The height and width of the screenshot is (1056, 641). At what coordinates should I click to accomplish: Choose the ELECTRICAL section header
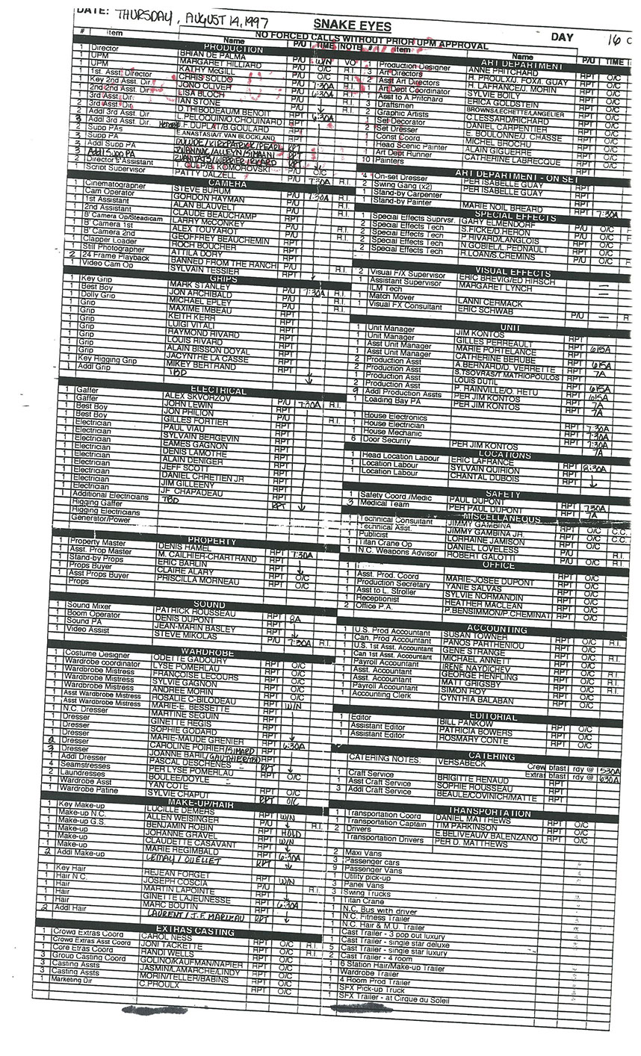point(217,391)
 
